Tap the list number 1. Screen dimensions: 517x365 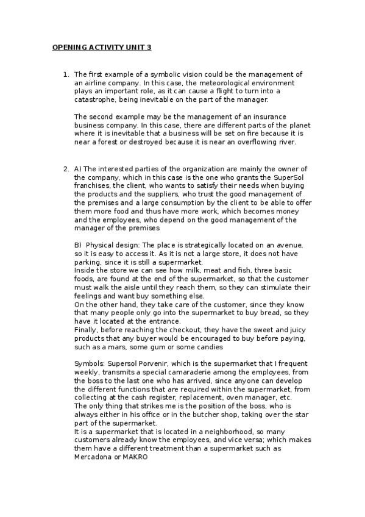tap(66, 74)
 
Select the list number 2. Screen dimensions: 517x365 tap(66, 168)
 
